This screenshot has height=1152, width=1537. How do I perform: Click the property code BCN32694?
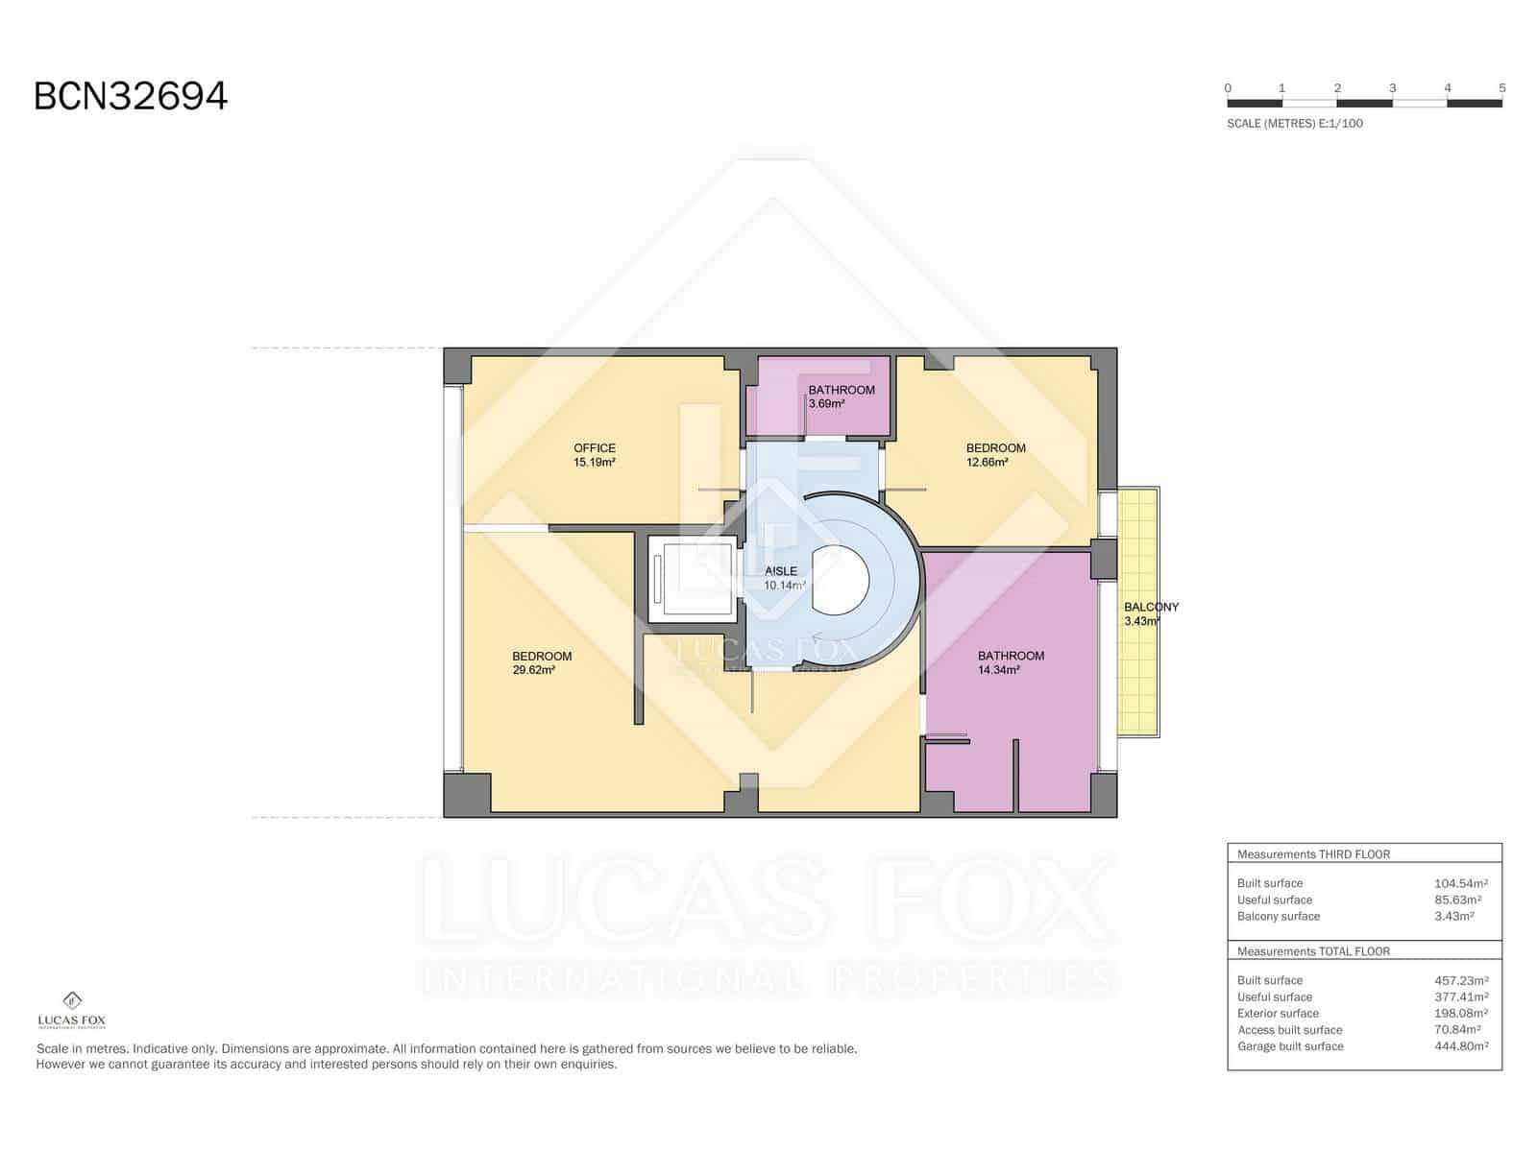coord(131,96)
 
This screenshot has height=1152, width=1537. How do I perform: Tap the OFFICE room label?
coord(594,448)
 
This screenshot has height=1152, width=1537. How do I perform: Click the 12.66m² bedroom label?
coord(987,462)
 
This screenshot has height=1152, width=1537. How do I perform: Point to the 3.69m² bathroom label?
coord(826,404)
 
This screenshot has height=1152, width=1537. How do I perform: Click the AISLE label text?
coord(781,571)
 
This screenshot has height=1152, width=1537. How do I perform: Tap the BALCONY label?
coord(1151,607)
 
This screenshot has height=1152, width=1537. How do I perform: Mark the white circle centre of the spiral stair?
coord(842,580)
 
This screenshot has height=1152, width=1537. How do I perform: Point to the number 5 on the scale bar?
coord(1501,88)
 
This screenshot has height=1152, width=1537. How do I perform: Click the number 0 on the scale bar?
coord(1228,88)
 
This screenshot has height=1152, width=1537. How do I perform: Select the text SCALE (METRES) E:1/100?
coord(1294,123)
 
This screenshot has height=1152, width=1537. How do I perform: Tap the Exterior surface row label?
coord(1278,1014)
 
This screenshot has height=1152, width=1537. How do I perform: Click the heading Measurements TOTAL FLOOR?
coord(1313,951)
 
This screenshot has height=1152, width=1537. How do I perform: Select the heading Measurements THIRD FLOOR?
coord(1313,854)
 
